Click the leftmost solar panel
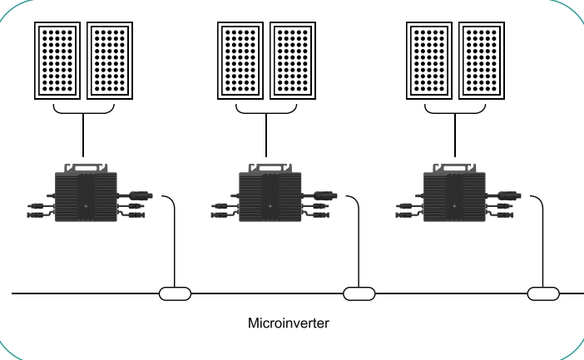[57, 60]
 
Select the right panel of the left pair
[110, 60]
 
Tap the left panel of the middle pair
[241, 60]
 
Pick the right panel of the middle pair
[294, 60]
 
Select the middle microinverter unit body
[270, 193]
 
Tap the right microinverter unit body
[454, 193]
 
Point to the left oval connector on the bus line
[175, 293]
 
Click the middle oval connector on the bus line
[359, 293]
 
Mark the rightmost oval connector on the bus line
[544, 293]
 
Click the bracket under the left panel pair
[84, 111]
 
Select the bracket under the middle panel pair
[268, 111]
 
